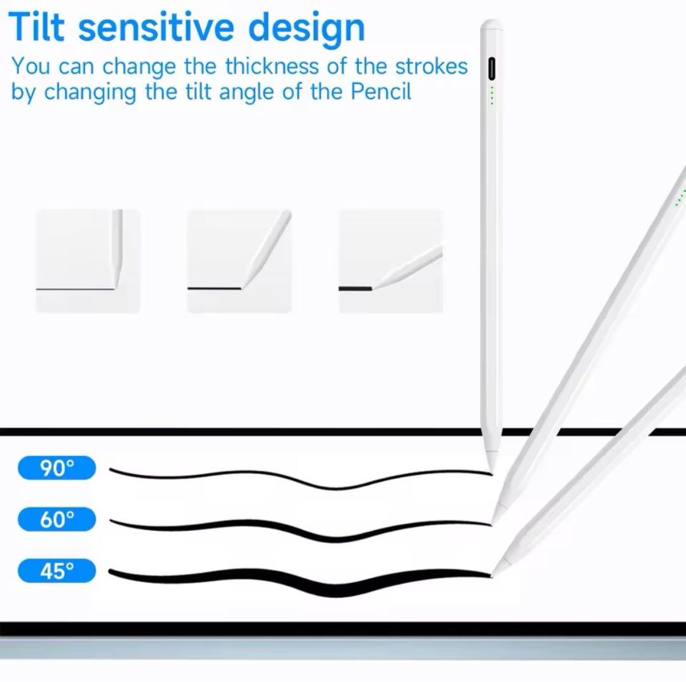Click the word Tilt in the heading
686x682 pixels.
click(x=36, y=27)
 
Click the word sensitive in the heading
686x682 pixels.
click(x=156, y=27)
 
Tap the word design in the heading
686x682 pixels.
click(x=306, y=29)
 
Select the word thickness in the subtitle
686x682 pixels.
click(x=272, y=67)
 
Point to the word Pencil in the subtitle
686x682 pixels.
click(x=380, y=92)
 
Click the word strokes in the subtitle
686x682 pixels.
click(x=431, y=67)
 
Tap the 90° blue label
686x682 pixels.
click(x=57, y=467)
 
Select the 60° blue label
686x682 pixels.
click(x=57, y=519)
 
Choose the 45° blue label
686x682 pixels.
click(x=57, y=571)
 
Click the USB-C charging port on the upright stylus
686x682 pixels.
click(x=492, y=69)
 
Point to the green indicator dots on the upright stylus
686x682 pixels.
click(x=492, y=95)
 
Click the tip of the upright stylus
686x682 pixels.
click(x=492, y=472)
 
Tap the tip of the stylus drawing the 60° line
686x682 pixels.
click(x=492, y=523)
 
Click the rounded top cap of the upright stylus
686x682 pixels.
click(x=491, y=24)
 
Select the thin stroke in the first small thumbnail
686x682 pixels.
click(x=75, y=289)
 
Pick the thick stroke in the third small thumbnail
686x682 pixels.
click(x=355, y=289)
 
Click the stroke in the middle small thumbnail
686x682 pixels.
click(x=215, y=289)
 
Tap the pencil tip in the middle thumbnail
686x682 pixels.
click(x=243, y=286)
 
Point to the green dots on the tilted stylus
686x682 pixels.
click(x=680, y=197)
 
